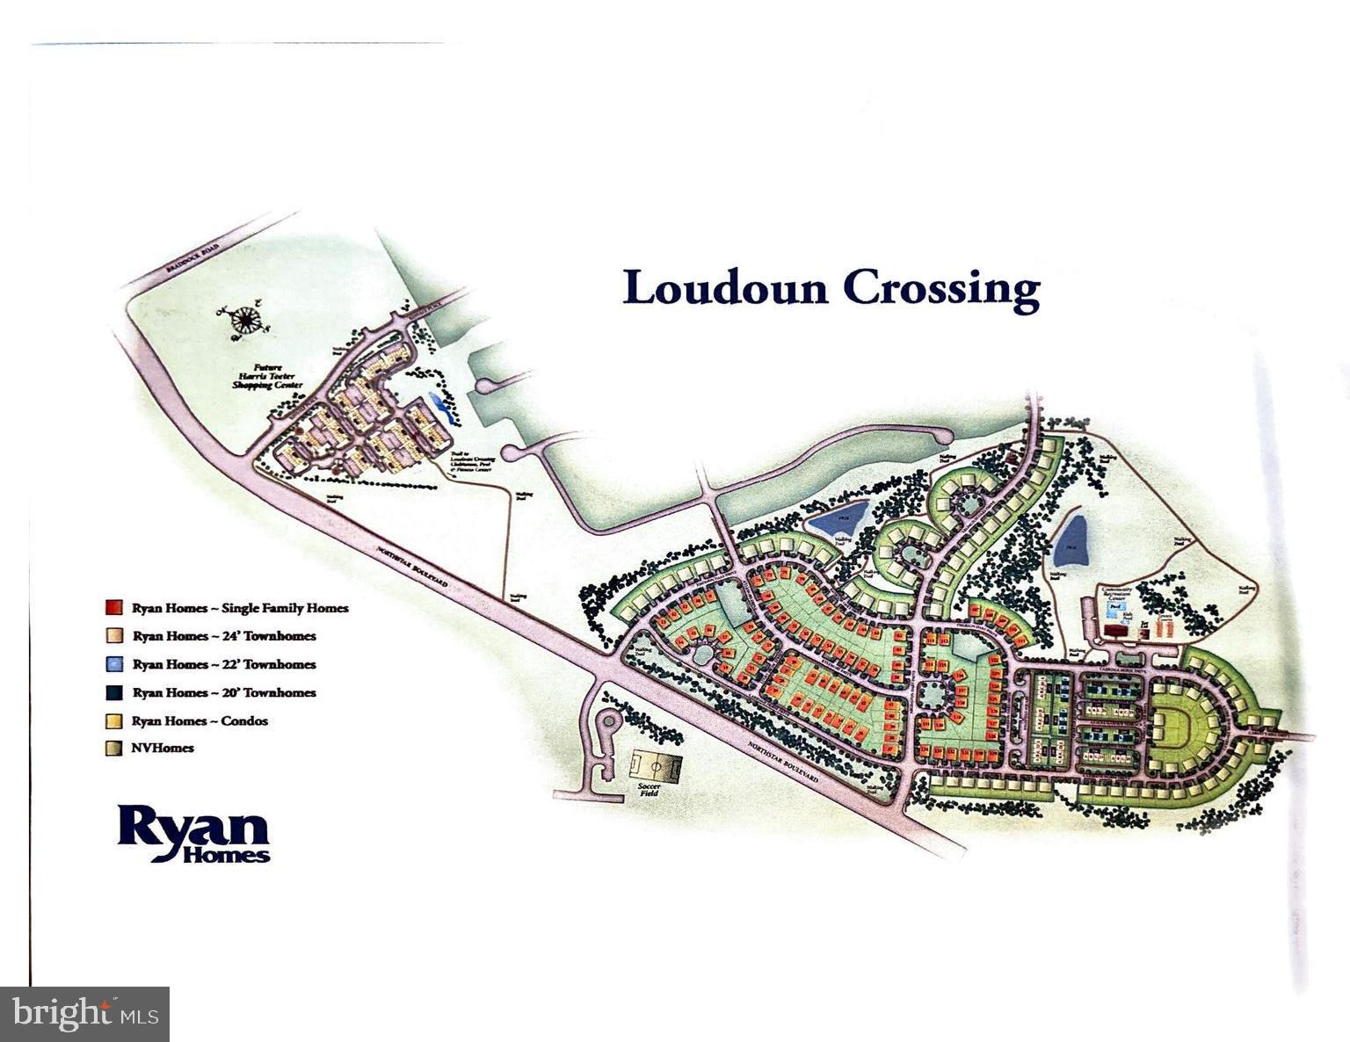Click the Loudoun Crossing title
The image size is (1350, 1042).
(x=831, y=289)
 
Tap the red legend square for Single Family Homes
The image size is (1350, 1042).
(x=112, y=608)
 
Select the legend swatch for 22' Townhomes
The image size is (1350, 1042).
(x=112, y=664)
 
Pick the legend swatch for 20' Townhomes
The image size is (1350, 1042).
(x=112, y=692)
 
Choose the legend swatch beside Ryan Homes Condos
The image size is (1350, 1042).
(x=112, y=721)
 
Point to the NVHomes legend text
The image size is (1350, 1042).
(x=163, y=749)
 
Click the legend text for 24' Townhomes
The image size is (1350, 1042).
(x=224, y=636)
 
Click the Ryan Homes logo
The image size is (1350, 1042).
(x=193, y=834)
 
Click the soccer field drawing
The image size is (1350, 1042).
(x=656, y=765)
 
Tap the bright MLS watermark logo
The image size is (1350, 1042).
(x=85, y=1014)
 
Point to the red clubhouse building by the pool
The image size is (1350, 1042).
(x=1117, y=630)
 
